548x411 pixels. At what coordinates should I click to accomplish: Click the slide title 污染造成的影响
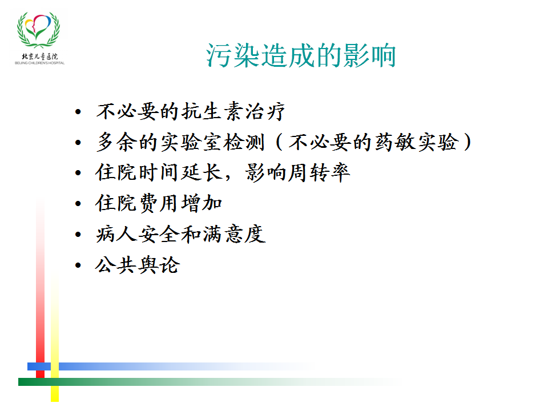pos(301,55)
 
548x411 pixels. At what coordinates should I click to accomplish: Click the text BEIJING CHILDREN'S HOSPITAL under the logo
pos(39,63)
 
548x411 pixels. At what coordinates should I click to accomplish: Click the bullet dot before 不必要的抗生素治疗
pos(78,112)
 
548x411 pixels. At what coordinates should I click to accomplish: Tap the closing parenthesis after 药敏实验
pos(468,142)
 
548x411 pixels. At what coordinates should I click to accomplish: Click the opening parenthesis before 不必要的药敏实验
pos(279,142)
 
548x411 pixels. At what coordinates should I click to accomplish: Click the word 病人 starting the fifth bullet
pos(116,234)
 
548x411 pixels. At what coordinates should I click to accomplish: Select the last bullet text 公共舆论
pos(138,264)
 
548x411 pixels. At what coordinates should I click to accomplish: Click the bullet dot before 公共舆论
pos(78,265)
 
